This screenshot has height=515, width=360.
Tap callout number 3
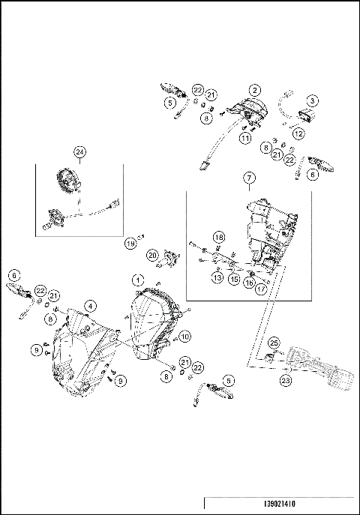(x=313, y=100)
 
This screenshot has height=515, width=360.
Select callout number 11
(x=245, y=138)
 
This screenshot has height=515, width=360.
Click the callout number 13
(x=217, y=277)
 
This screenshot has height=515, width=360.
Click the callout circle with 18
(x=219, y=237)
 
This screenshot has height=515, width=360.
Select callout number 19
(x=130, y=244)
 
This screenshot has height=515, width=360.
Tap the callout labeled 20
(x=152, y=255)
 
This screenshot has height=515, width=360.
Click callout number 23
(x=286, y=380)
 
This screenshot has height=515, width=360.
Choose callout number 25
(x=274, y=343)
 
